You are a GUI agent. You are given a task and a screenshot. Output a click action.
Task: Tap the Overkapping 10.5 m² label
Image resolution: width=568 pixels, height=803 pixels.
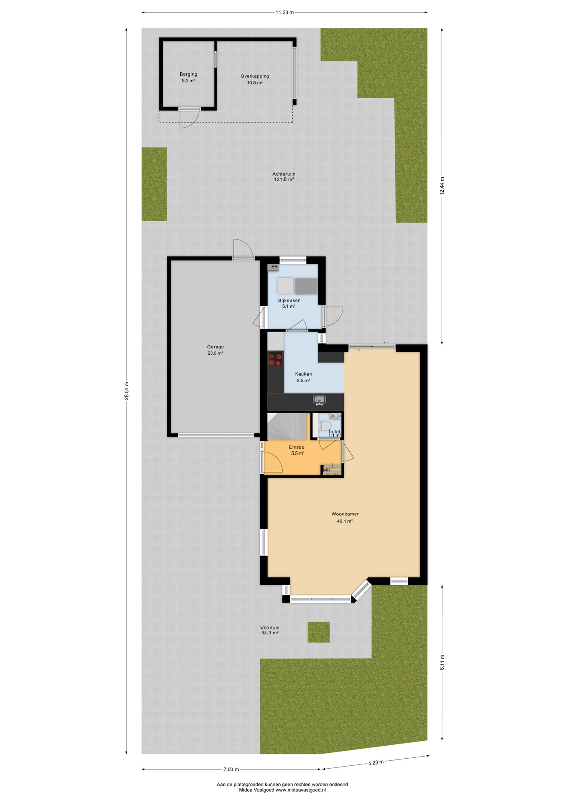254,79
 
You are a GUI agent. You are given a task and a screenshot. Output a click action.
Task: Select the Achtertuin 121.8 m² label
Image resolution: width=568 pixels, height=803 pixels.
284,176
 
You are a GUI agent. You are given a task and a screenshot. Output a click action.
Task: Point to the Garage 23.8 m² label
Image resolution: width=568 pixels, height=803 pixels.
215,350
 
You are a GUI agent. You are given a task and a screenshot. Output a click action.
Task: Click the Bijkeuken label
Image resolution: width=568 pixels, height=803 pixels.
289,300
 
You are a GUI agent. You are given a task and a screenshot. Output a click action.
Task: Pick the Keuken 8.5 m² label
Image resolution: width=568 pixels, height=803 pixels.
303,377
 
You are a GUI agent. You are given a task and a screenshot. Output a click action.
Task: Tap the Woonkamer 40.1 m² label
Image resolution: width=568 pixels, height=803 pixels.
345,517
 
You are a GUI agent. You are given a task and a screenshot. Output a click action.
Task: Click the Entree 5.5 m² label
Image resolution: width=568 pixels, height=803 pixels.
297,450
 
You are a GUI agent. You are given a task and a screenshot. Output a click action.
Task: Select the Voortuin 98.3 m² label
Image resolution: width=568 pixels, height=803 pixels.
270,630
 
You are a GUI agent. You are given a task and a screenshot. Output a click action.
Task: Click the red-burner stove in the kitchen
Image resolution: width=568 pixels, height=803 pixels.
275,359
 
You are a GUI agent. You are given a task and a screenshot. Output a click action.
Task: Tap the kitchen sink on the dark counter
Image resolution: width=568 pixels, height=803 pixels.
319,400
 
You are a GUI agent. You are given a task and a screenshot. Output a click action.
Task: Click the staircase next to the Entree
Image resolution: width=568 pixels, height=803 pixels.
288,426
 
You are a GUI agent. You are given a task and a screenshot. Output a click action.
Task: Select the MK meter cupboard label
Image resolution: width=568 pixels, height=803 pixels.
327,470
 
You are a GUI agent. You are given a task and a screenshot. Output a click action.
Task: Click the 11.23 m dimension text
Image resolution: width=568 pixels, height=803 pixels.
284,13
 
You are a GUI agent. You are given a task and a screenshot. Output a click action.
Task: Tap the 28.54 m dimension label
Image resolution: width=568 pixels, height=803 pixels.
126,391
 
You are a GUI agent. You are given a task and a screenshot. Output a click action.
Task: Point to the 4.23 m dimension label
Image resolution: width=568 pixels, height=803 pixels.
376,762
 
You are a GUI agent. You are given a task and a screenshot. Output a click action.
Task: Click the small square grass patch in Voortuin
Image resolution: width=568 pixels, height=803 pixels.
319,632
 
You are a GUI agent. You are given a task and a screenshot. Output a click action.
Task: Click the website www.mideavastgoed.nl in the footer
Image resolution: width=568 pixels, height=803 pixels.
300,790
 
